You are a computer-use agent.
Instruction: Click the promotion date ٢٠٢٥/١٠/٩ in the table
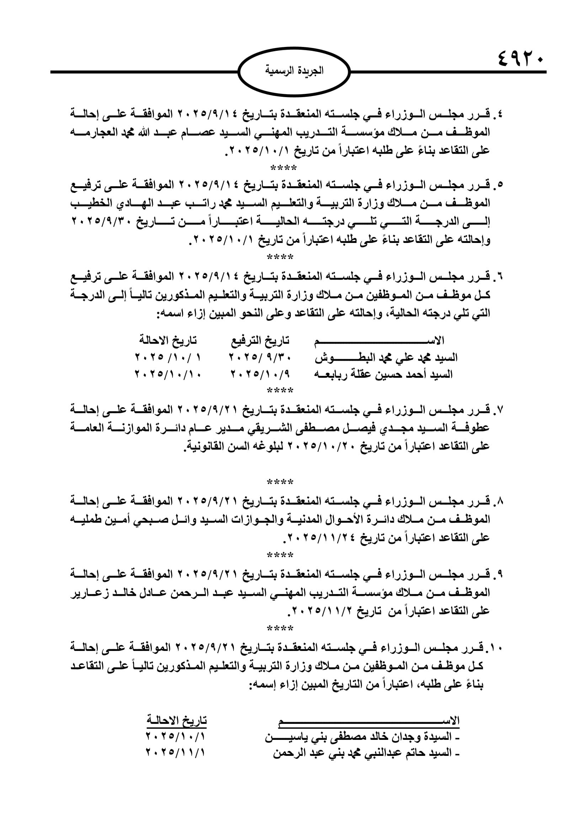261,374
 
